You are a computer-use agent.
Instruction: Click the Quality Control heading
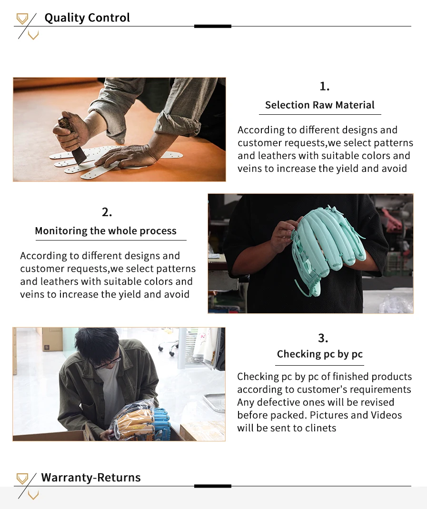[87, 18]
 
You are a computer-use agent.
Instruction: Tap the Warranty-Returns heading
[91, 478]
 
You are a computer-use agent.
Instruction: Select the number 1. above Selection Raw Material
[324, 86]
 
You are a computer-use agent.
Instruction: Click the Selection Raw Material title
[319, 105]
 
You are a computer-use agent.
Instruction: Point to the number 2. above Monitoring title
[107, 212]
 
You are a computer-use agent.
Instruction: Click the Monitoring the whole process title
[106, 231]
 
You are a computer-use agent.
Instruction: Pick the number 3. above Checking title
[323, 338]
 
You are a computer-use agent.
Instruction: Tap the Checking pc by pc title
[319, 354]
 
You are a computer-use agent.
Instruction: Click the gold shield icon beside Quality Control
[22, 19]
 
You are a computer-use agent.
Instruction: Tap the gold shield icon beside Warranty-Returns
[22, 479]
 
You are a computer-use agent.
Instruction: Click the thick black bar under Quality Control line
[212, 26]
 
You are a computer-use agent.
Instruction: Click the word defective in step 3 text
[278, 402]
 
